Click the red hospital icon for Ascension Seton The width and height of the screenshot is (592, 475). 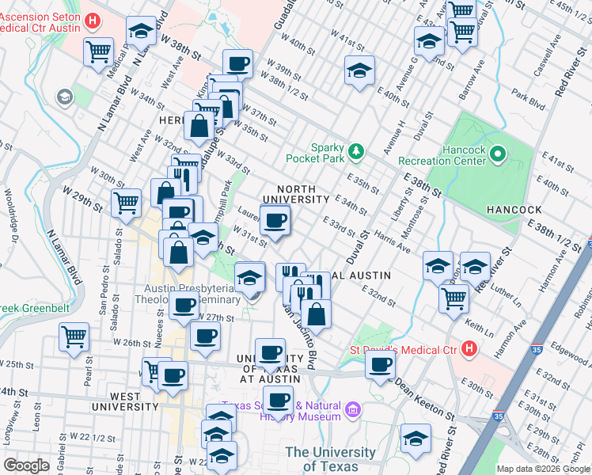[93, 21]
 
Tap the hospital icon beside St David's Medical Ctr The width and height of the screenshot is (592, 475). [469, 348]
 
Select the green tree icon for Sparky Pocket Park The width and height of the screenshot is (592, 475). [357, 150]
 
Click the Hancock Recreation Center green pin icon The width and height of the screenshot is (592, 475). [498, 154]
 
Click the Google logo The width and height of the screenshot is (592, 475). [26, 465]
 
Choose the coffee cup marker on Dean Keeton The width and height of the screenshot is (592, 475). [380, 365]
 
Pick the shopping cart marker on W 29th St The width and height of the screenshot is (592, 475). [126, 202]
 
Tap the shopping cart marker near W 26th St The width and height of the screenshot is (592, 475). [74, 336]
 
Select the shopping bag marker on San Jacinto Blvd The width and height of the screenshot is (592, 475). [316, 313]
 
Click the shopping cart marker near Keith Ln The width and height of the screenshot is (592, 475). [453, 298]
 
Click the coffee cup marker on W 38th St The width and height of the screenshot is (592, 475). [237, 63]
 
